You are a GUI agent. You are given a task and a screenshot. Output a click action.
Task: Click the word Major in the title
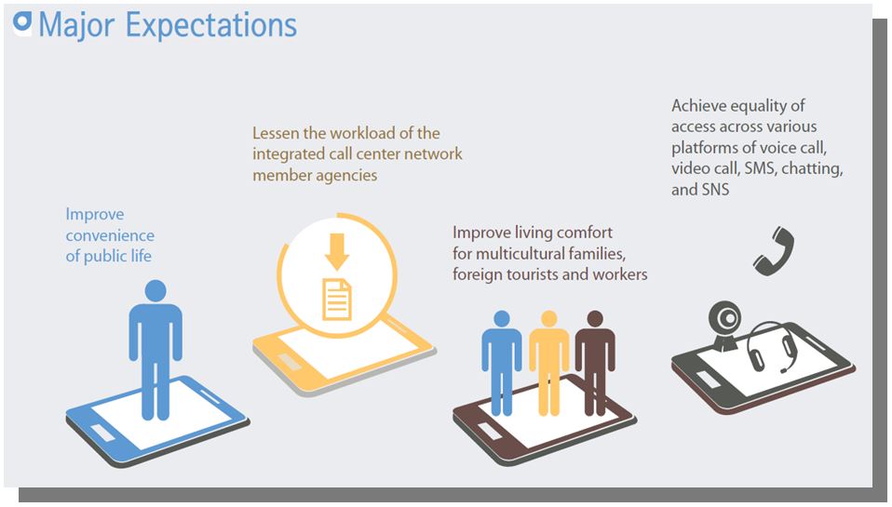(76, 25)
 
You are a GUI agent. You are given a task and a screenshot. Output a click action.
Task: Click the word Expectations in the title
(211, 25)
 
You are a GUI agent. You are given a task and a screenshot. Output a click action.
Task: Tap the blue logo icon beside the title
(22, 22)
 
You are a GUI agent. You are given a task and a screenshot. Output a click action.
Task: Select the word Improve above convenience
(94, 214)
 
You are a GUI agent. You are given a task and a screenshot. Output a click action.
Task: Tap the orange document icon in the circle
(337, 300)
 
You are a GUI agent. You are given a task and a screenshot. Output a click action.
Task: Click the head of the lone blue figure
(155, 290)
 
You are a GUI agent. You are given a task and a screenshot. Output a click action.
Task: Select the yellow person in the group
(549, 363)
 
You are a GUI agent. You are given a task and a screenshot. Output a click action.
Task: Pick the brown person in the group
(595, 363)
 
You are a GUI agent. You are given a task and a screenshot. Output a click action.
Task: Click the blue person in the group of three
(502, 363)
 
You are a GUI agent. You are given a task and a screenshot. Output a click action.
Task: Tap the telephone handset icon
(774, 251)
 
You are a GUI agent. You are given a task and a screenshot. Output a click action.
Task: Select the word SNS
(715, 190)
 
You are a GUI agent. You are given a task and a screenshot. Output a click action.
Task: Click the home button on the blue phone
(102, 434)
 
